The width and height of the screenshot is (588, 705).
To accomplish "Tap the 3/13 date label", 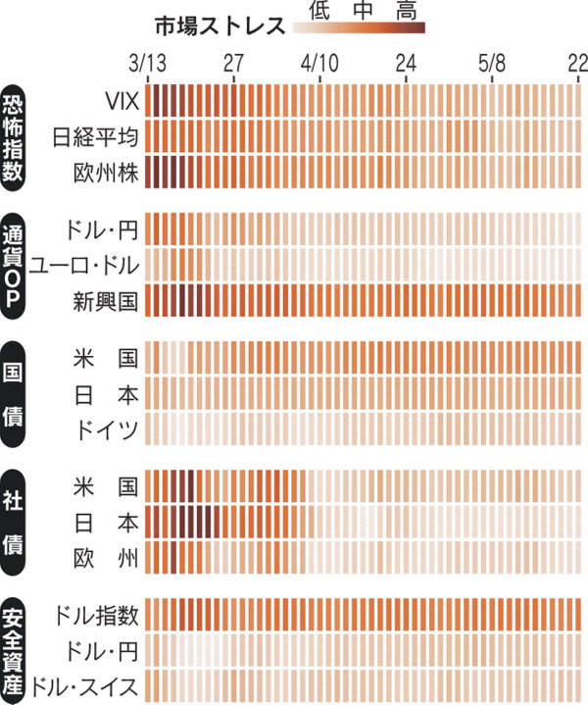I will [148, 64].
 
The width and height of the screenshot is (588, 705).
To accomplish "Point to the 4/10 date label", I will [319, 64].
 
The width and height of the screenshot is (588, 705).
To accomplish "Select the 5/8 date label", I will [492, 64].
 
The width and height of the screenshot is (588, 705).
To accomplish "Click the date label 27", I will [234, 64].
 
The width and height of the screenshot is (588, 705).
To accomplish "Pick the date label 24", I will [406, 64].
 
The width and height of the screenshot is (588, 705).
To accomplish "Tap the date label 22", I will [577, 64].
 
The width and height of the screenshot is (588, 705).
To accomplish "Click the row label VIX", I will [123, 101].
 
